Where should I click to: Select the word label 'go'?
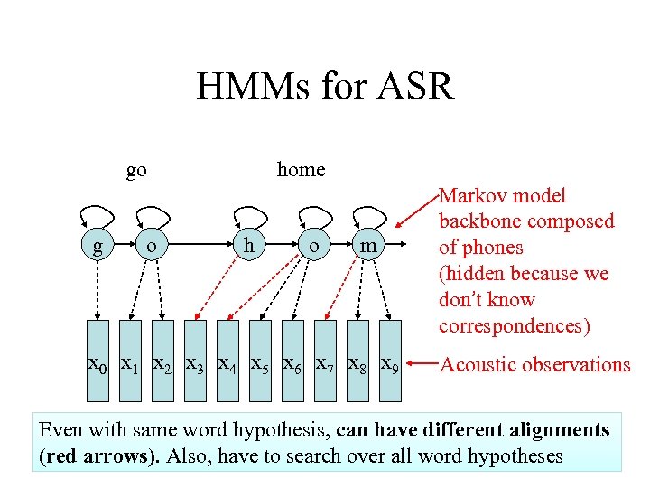point(136,169)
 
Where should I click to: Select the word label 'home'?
point(301,169)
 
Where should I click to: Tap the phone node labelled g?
point(97,245)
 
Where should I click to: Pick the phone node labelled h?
point(246,245)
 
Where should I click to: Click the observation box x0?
point(97,364)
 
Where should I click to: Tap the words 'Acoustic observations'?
point(534,364)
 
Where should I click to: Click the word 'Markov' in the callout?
point(471,195)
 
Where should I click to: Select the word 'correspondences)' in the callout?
point(511,325)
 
